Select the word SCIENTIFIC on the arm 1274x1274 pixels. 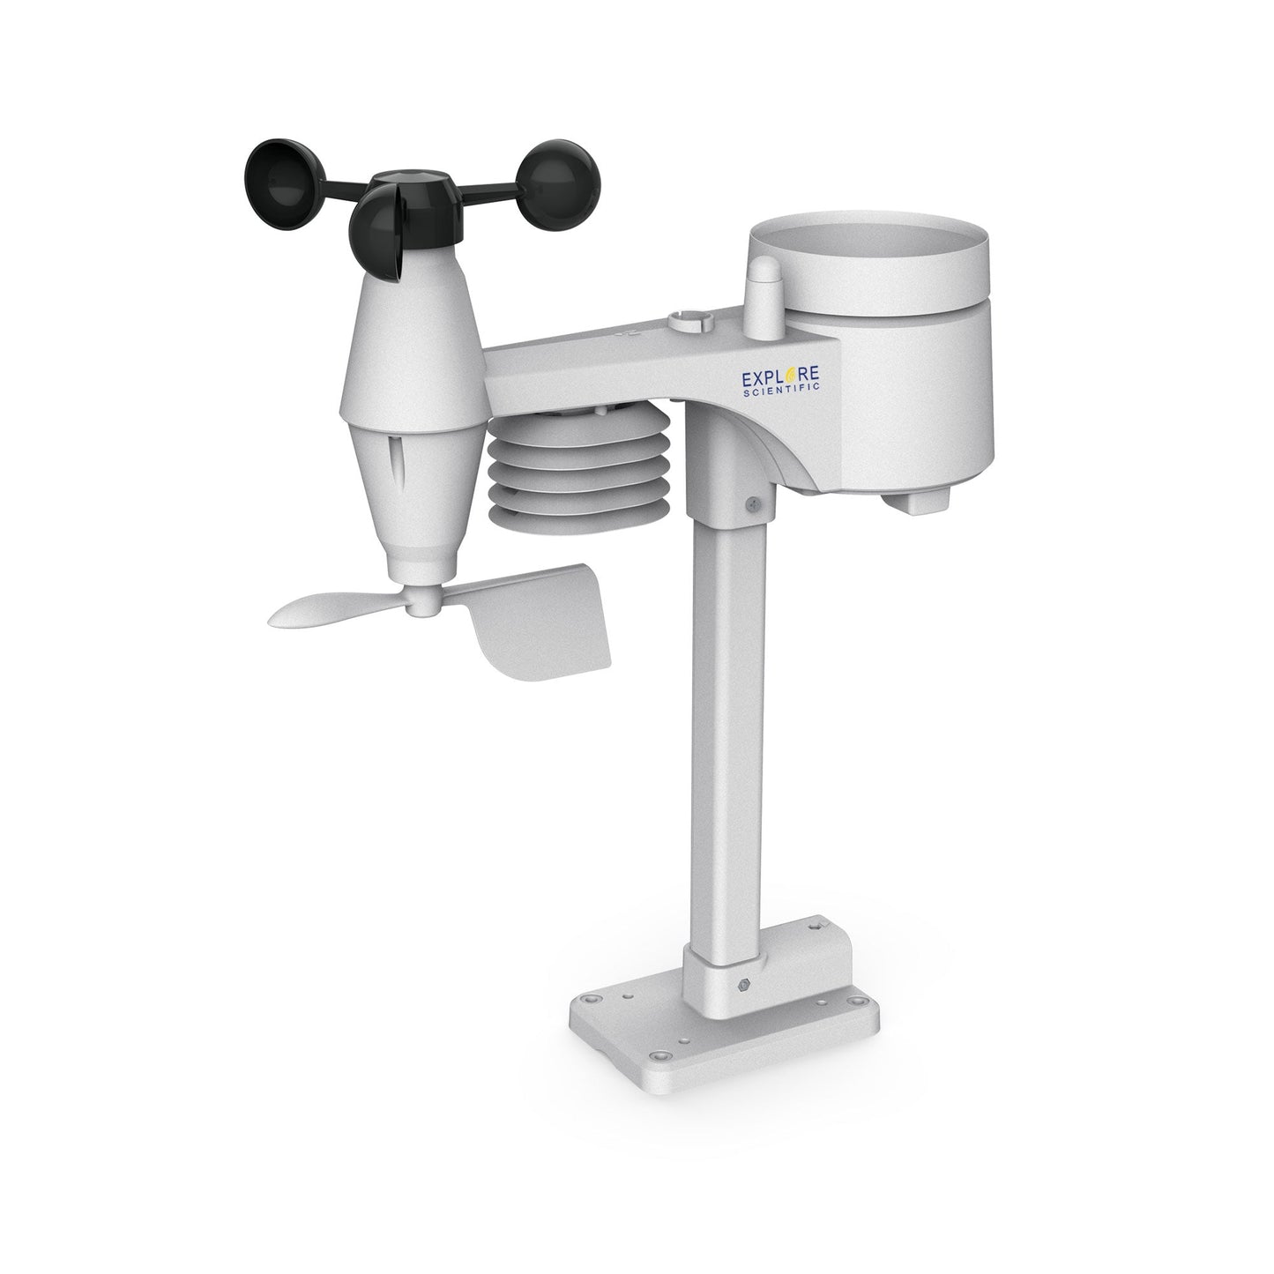[783, 399]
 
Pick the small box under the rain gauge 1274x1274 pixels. [918, 501]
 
